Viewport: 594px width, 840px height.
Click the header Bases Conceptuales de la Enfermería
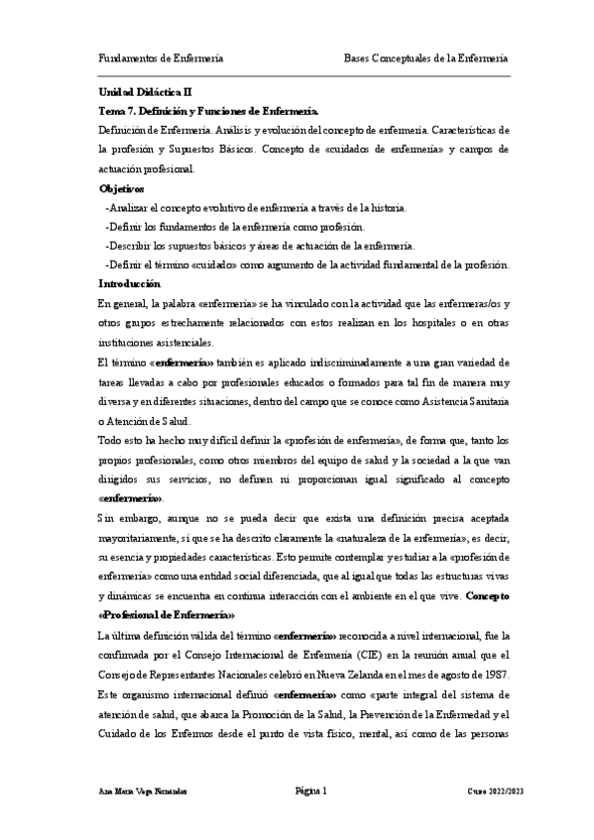[425, 57]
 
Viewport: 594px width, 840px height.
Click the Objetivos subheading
[122, 188]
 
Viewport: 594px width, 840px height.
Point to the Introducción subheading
[131, 283]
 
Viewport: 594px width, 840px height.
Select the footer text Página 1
[310, 790]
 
